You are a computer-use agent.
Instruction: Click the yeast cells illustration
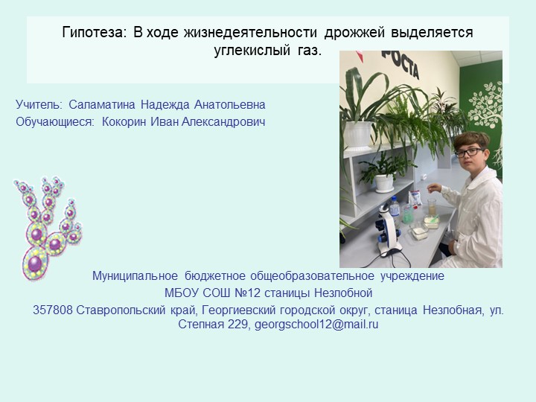47,227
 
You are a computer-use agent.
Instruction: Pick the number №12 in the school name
250,293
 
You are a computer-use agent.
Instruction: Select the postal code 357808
53,310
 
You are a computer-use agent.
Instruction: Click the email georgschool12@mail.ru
316,325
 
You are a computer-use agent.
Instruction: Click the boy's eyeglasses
468,152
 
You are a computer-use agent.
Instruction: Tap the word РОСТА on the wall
400,64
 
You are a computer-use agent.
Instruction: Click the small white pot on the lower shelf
385,182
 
